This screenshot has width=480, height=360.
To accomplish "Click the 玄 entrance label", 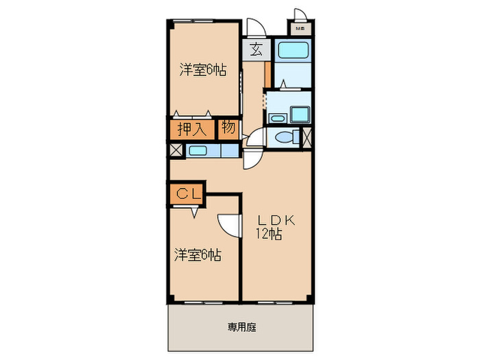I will pyautogui.click(x=255, y=50).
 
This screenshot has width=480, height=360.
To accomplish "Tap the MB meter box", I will pyautogui.click(x=301, y=29).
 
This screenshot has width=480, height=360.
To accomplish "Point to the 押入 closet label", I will pyautogui.click(x=191, y=129).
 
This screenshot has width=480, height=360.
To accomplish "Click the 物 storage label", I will pyautogui.click(x=228, y=128).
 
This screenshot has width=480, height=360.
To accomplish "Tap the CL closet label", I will pyautogui.click(x=187, y=194).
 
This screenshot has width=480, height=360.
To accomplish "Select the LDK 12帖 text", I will pyautogui.click(x=275, y=226).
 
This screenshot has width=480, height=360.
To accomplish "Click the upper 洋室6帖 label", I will pyautogui.click(x=204, y=69).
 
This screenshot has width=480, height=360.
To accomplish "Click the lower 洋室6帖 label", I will pyautogui.click(x=197, y=255).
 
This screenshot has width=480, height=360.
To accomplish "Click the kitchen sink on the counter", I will pyautogui.click(x=200, y=151).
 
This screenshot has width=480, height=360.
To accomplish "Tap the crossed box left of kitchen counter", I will pyautogui.click(x=176, y=150).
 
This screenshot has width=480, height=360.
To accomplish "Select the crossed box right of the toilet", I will pyautogui.click(x=307, y=136).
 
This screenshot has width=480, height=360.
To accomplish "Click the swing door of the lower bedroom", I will pyautogui.click(x=230, y=225).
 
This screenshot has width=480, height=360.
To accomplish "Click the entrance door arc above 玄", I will pyautogui.click(x=254, y=26).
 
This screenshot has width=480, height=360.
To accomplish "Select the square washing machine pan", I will pyautogui.click(x=300, y=114).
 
